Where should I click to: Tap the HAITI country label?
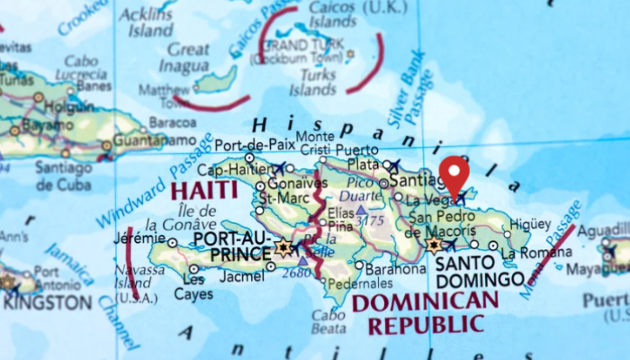(x=203, y=191)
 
